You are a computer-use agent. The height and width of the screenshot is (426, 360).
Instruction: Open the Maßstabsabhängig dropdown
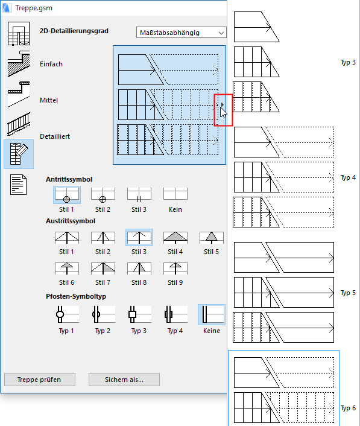click(x=181, y=33)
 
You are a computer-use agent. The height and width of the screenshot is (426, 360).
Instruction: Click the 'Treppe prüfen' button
click(x=40, y=380)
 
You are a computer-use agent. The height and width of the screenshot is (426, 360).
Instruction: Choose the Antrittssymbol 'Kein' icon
click(x=175, y=194)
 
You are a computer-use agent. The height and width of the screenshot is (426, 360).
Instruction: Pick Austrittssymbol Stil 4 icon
click(x=175, y=238)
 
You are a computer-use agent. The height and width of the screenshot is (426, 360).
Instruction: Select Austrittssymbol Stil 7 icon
click(x=103, y=269)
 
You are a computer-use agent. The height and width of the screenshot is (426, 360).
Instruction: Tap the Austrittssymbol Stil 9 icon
click(x=175, y=269)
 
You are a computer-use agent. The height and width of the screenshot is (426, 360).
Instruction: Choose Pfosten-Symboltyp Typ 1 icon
click(x=67, y=314)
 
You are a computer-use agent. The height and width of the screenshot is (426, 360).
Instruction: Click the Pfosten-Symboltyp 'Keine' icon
click(x=212, y=314)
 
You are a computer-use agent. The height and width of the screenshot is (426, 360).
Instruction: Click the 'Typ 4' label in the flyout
click(x=348, y=177)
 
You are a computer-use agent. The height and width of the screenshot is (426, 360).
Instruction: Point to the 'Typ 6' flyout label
click(x=348, y=408)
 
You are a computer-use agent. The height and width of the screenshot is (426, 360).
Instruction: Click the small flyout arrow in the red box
click(x=223, y=104)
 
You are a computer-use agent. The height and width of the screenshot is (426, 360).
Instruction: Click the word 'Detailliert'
click(x=55, y=136)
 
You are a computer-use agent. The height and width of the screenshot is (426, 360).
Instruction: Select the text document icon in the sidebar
click(x=19, y=185)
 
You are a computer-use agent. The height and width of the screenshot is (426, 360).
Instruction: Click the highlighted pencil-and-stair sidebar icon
click(x=19, y=154)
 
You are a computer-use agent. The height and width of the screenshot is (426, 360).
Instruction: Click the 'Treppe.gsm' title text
click(x=34, y=8)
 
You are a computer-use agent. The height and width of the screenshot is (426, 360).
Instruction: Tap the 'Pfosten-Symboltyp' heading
click(x=76, y=296)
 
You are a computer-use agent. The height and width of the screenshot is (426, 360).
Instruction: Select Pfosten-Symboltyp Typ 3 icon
click(x=139, y=314)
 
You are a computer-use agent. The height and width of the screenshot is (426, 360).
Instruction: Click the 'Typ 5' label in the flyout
click(x=348, y=293)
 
